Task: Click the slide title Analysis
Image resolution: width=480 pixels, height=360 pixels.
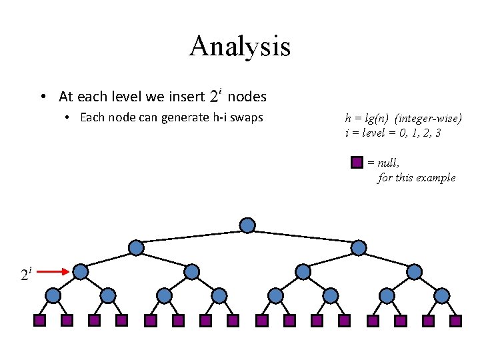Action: [240, 47]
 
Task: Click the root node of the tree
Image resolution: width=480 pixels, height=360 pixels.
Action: [247, 225]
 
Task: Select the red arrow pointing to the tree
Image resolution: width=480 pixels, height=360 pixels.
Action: [53, 271]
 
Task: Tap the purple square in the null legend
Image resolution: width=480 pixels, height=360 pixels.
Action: [357, 162]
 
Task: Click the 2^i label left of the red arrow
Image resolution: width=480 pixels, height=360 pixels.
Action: [26, 273]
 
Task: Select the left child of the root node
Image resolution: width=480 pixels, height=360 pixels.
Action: [136, 247]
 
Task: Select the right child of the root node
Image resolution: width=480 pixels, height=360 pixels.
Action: [359, 247]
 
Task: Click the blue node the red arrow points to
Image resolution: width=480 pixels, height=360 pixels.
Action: [81, 271]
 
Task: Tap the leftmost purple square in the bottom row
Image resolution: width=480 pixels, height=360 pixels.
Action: [39, 321]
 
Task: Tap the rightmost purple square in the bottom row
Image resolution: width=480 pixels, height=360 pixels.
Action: [455, 321]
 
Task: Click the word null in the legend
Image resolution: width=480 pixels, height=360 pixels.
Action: [388, 163]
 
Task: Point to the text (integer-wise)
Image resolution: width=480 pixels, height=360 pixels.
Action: [428, 118]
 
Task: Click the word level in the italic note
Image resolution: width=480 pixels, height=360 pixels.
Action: [373, 133]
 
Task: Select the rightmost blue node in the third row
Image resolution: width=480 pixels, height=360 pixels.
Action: [414, 271]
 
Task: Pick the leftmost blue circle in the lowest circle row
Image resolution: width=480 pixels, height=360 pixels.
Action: [53, 296]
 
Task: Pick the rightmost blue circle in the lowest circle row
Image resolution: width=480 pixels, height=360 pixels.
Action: [442, 296]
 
